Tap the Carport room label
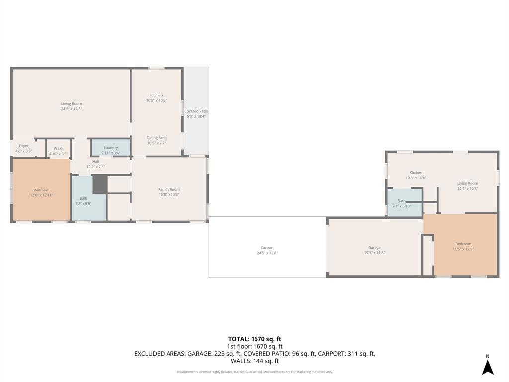tap(267, 248)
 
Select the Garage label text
tap(374, 247)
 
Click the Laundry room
tap(111, 148)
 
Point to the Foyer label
tap(24, 146)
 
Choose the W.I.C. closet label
tap(58, 148)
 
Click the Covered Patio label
tap(196, 111)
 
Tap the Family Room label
tap(169, 189)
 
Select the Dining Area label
tap(156, 138)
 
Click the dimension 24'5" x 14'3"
tap(71, 109)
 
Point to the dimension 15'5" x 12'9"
tap(463, 249)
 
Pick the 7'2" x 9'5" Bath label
tap(83, 201)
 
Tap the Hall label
tap(95, 161)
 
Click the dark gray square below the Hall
tap(100, 184)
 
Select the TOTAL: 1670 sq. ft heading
tap(254, 339)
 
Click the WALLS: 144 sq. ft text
tap(254, 361)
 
